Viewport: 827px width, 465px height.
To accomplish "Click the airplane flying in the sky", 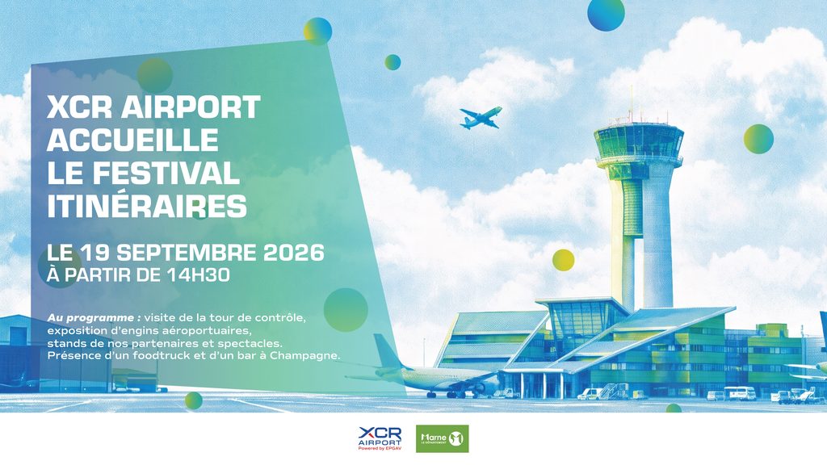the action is point(480,118).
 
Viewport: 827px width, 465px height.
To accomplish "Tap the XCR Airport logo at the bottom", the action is point(380,438).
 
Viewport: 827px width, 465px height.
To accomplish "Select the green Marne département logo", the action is point(442,438).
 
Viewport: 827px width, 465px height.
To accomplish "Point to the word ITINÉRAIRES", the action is point(147,206).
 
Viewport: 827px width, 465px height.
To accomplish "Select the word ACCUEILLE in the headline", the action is point(133,140).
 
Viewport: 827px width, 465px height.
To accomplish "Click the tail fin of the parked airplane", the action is point(388,352).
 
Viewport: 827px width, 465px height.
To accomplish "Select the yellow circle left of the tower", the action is point(563,260).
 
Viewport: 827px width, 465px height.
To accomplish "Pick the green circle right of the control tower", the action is point(758,139).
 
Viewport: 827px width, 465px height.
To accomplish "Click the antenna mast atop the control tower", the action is point(631,106).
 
